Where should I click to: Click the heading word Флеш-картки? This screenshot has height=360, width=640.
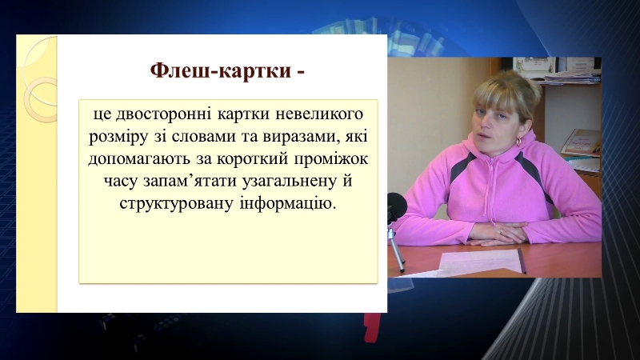tap(221, 70)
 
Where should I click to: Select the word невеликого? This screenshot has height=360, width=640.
tap(319, 114)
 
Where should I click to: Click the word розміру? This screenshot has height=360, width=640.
tap(118, 137)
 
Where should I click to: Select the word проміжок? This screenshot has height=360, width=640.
tap(331, 159)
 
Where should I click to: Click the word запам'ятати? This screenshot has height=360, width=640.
tap(190, 181)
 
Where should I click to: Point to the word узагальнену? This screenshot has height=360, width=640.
tap(289, 182)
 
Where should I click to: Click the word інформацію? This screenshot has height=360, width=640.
tap(287, 203)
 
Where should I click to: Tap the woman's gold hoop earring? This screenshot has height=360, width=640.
tap(519, 142)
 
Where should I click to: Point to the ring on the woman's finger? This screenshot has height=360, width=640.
tap(502, 231)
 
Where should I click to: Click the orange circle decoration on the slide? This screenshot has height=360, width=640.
tap(40, 99)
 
